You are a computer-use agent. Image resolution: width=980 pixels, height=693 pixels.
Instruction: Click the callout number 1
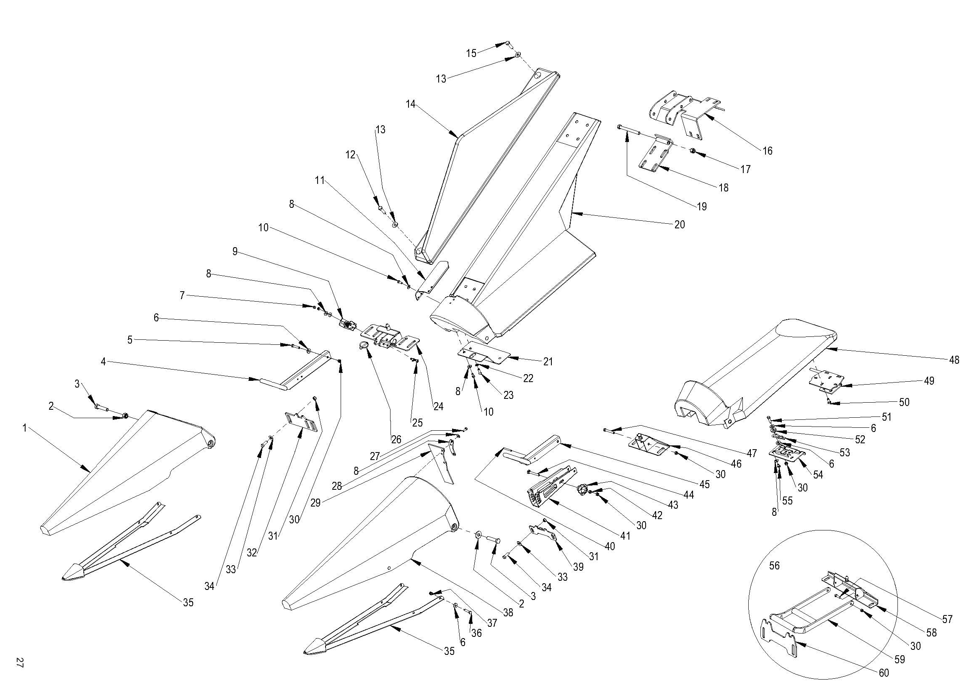25,428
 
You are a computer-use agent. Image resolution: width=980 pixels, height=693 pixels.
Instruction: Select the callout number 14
411,104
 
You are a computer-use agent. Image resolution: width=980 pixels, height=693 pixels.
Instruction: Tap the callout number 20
680,225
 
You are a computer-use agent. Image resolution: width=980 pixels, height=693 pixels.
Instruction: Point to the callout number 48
954,360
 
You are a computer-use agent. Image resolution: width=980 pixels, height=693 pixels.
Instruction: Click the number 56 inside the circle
774,565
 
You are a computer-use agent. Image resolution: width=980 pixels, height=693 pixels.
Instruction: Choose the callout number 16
768,151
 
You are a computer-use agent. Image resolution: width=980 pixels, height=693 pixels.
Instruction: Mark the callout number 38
508,613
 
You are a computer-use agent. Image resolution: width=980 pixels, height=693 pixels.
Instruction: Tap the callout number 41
625,535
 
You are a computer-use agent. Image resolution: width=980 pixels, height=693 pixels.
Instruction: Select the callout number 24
438,406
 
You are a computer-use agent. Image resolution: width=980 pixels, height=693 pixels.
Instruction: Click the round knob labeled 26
364,346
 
